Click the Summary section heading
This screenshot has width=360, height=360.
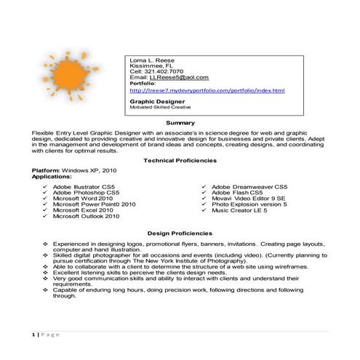(180, 123)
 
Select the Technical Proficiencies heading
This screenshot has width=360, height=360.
(180, 160)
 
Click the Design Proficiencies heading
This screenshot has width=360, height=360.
(180, 233)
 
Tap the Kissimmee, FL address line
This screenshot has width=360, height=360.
(151, 65)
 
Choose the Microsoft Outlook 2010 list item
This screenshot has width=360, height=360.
(86, 216)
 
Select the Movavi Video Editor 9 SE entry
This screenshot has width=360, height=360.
(248, 198)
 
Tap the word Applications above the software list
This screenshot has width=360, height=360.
(52, 175)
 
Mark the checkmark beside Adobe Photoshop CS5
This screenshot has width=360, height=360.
(46, 193)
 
